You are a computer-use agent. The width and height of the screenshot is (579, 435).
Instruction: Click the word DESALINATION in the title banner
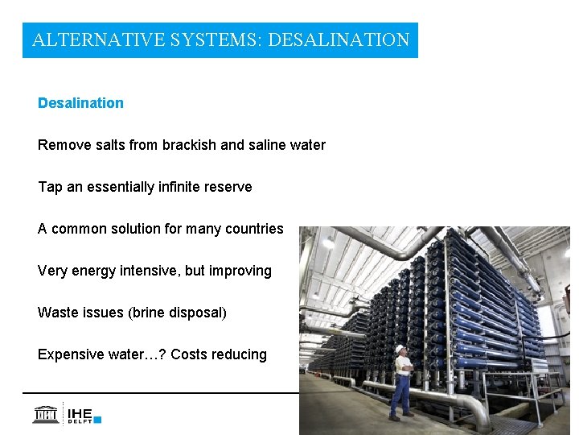click(x=339, y=39)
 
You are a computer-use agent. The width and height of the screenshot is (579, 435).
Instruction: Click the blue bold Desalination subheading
click(x=80, y=103)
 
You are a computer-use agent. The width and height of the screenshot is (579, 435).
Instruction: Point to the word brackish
click(x=189, y=145)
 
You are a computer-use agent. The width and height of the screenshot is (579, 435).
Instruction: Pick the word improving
click(x=240, y=271)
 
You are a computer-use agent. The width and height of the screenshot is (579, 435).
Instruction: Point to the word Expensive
click(x=70, y=354)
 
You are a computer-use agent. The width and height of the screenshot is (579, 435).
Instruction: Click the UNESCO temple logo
click(x=46, y=414)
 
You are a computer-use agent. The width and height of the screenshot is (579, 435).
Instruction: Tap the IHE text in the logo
click(x=80, y=410)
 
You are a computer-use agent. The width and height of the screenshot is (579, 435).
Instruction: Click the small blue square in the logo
click(x=97, y=419)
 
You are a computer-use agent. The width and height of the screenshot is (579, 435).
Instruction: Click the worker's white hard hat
click(x=399, y=348)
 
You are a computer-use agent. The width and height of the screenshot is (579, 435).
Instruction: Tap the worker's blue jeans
click(x=400, y=395)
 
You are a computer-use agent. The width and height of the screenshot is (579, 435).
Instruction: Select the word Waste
click(x=57, y=313)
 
